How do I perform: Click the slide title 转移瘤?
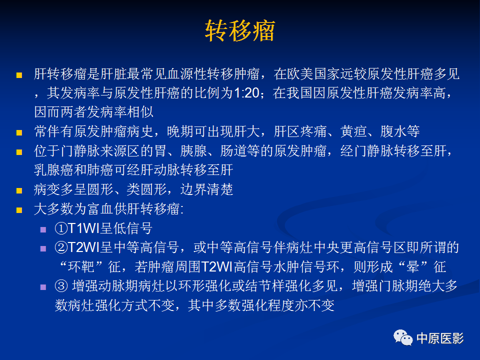point(240,31)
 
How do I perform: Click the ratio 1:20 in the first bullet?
point(248,93)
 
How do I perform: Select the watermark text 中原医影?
point(440,338)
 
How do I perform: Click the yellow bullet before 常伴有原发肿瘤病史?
point(19,133)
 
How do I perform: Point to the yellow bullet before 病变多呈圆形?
point(19,191)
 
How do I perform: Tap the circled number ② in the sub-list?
point(60,248)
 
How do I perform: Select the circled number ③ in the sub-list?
point(60,287)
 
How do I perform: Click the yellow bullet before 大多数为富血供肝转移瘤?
point(19,210)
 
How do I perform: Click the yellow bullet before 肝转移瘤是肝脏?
point(19,75)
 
